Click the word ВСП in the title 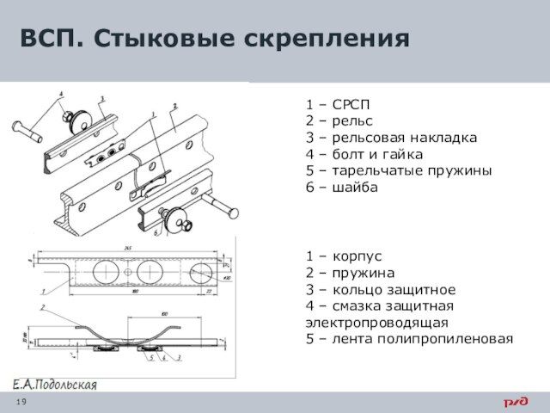(49, 39)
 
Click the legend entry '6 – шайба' (341, 187)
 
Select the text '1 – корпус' (345, 256)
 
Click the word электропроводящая (376, 323)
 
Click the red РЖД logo (516, 402)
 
